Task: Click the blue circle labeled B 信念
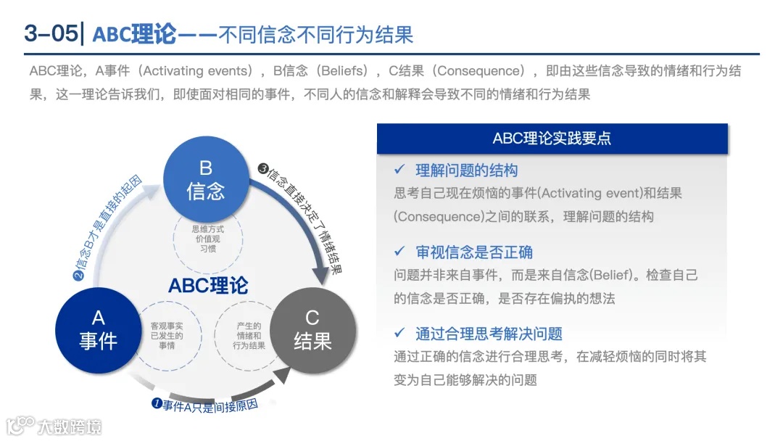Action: click(206, 179)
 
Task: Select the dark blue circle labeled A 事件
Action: click(99, 329)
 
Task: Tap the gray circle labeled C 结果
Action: click(312, 329)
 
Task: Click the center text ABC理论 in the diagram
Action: click(208, 285)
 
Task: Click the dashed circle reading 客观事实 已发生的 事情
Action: click(167, 336)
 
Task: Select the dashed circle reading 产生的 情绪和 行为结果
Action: click(249, 336)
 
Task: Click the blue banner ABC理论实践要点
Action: click(552, 139)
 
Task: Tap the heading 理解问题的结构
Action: click(466, 171)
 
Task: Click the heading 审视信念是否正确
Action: click(474, 252)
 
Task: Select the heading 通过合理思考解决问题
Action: click(489, 334)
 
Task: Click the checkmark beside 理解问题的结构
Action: click(399, 170)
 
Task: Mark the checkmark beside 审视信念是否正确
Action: click(399, 251)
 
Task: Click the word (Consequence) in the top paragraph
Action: click(478, 71)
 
